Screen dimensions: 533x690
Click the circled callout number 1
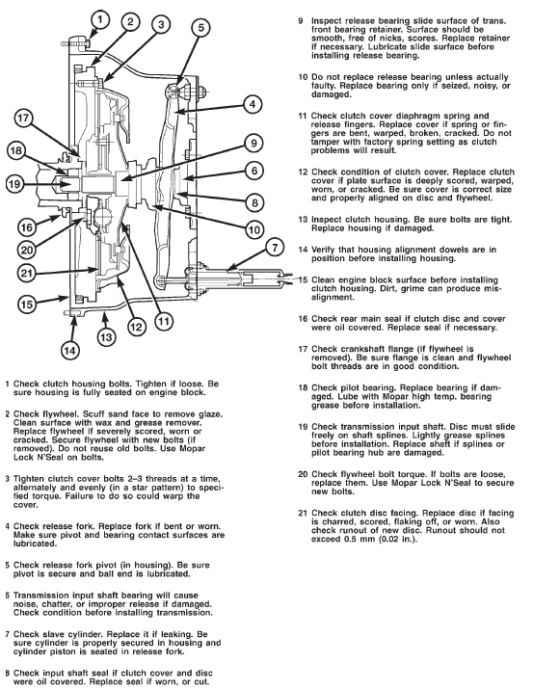tap(100, 19)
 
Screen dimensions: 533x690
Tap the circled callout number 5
tap(200, 27)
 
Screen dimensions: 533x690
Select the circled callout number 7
tap(275, 248)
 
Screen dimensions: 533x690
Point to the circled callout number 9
tap(253, 143)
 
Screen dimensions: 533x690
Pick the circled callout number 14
tap(70, 351)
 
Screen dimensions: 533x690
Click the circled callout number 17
tap(23, 119)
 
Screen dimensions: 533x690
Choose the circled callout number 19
tap(15, 183)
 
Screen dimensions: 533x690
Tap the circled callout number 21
tap(27, 274)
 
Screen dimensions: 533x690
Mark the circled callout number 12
tap(136, 327)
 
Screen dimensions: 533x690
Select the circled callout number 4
tap(253, 104)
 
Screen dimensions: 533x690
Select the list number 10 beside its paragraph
tap(303, 77)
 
